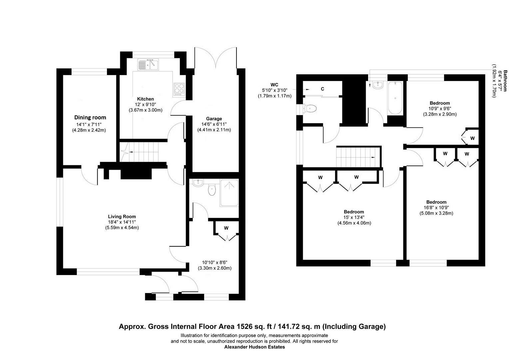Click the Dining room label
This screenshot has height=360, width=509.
point(90,117)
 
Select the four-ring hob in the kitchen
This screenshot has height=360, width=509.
point(179,89)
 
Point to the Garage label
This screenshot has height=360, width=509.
point(214,119)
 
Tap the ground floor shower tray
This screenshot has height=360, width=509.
point(229,193)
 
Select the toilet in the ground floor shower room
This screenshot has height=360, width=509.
point(212,190)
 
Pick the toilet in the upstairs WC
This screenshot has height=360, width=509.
point(310,108)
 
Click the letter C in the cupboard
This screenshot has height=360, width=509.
point(322,89)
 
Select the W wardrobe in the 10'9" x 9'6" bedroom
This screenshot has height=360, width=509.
point(472,138)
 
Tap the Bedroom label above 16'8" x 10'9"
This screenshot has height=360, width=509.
point(436,202)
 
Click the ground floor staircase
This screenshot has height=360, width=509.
point(143,152)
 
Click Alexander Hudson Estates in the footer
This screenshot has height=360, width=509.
point(255,347)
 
